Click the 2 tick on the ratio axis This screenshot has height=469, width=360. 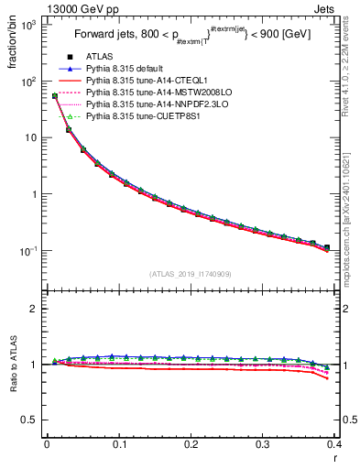click(36, 309)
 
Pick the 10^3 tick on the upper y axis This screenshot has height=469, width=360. click(29, 25)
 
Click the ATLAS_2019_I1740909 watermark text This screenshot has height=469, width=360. click(190, 274)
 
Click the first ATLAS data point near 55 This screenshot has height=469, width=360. click(55, 95)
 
